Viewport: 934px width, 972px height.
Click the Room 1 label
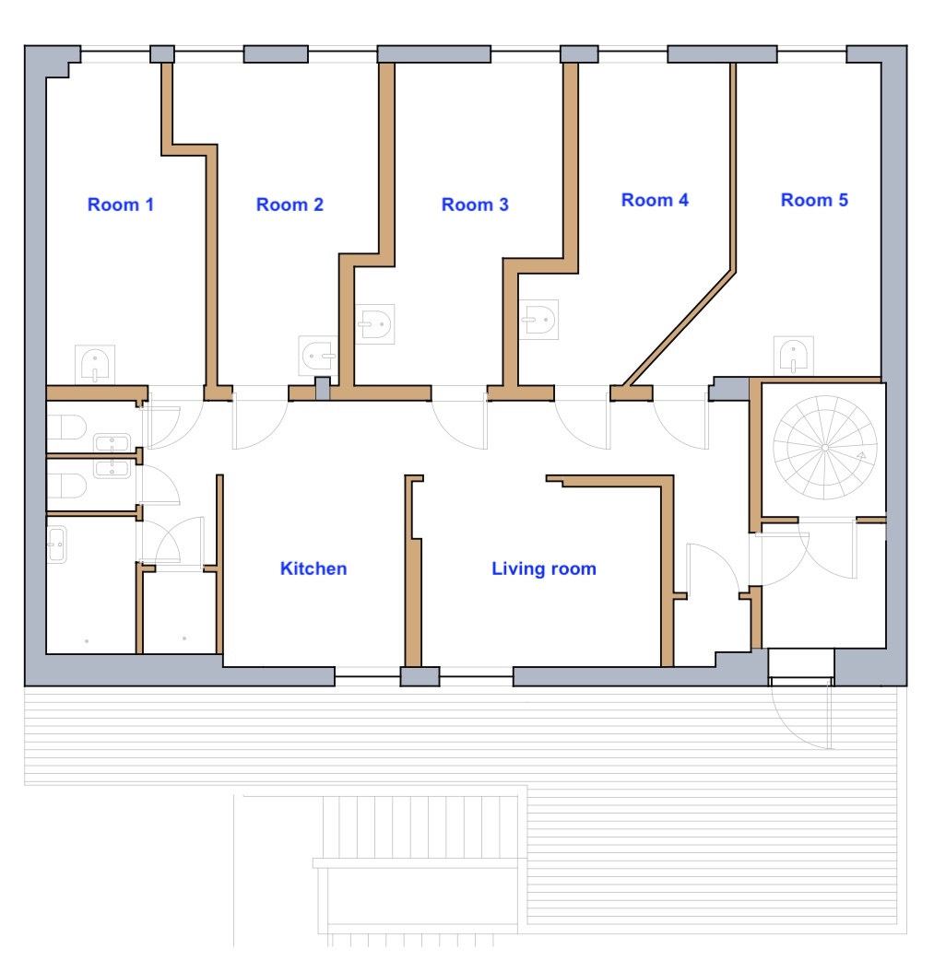(x=120, y=205)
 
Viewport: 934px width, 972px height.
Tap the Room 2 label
(x=290, y=205)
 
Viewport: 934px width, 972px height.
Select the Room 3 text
(x=475, y=205)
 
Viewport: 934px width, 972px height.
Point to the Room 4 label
(x=655, y=200)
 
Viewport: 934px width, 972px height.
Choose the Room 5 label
(x=814, y=200)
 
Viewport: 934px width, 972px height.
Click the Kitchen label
(x=313, y=568)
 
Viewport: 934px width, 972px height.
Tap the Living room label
(x=544, y=568)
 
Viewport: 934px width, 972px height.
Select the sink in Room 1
(x=95, y=364)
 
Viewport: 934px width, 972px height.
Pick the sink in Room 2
(x=317, y=356)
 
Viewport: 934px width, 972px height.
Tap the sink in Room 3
(x=375, y=323)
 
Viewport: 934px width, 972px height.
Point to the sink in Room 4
(x=539, y=320)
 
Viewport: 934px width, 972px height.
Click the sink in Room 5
(x=794, y=356)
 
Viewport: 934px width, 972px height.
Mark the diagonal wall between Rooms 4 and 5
(x=680, y=328)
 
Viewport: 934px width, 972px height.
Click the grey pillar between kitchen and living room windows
(x=420, y=676)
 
